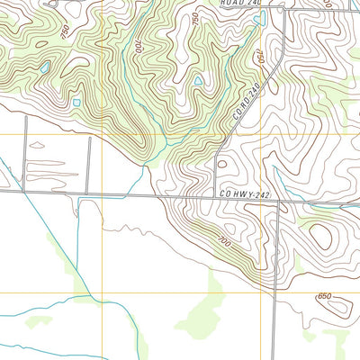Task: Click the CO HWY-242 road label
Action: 245,193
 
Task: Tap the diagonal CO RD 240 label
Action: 244,103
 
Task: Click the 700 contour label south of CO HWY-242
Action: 223,241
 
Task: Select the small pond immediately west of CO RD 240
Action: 198,81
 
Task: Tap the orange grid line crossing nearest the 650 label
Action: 274,292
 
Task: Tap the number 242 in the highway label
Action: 262,193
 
